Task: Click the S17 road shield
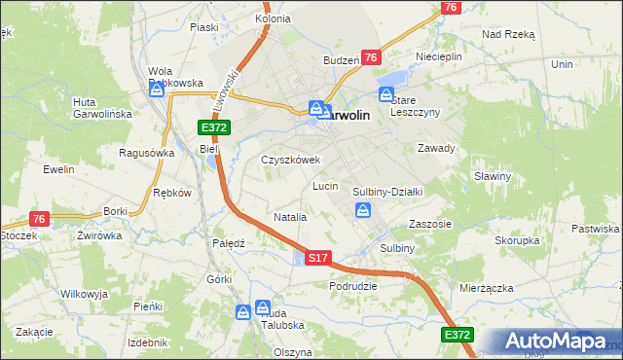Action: [318, 258]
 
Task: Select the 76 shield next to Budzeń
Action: [370, 58]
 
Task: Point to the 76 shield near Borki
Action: [39, 219]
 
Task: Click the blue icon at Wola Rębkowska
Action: [158, 90]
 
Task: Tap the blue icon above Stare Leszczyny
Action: [386, 95]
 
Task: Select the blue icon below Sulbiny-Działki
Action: [363, 211]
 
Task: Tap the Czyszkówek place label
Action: [290, 160]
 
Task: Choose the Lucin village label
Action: [324, 185]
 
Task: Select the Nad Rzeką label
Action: [508, 33]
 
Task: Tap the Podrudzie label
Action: [352, 286]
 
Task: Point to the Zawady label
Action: [436, 148]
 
